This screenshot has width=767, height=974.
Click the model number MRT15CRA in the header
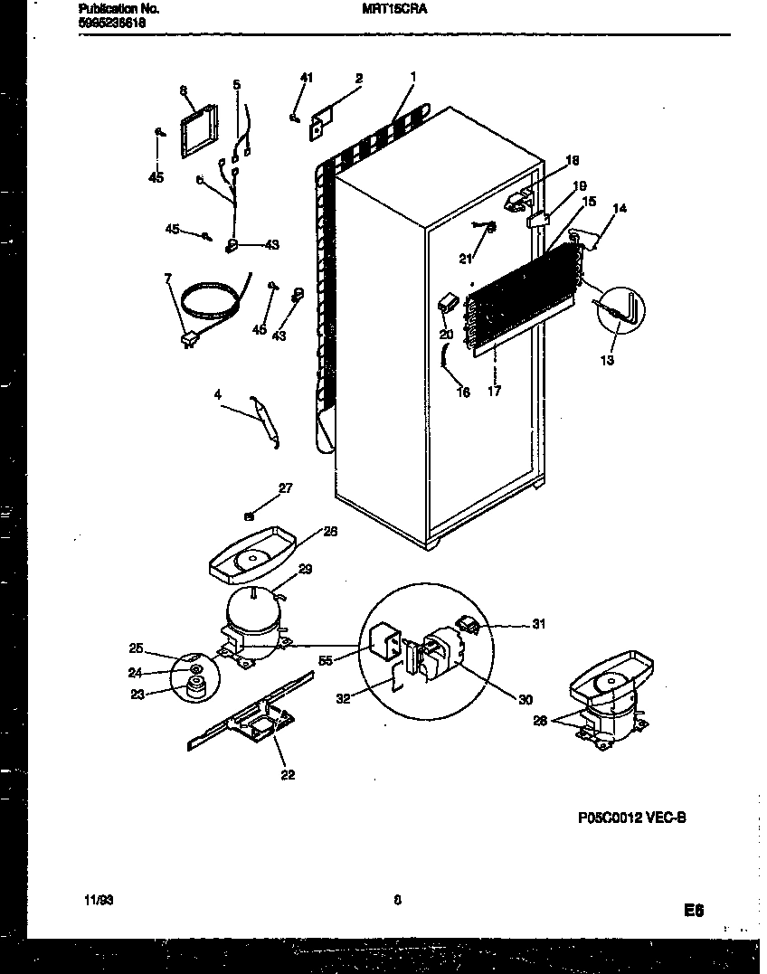388,8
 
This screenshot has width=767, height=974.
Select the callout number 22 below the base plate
288,774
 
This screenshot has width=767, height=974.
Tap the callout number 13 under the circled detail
606,361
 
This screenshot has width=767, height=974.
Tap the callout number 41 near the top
306,79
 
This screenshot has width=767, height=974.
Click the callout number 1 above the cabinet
413,77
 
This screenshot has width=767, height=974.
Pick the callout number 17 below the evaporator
494,392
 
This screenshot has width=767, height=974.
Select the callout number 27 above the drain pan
285,488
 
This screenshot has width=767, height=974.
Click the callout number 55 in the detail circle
327,661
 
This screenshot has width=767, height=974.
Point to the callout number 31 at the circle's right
539,624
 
